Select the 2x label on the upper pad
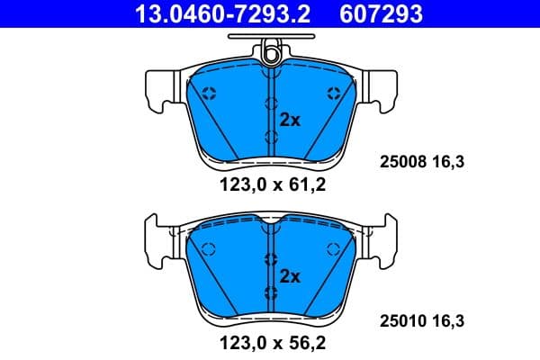pos(289,119)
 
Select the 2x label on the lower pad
pos(289,275)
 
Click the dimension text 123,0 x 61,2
pos(270,187)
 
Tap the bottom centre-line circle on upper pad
pos(270,136)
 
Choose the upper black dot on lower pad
pos(270,259)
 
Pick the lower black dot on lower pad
pos(270,291)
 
